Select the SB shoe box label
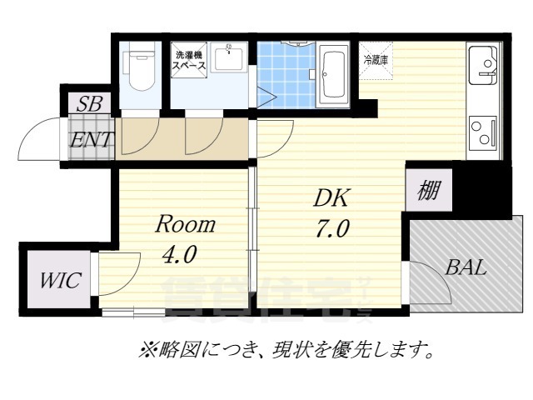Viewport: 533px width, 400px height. click(88, 104)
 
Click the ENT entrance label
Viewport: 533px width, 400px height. click(91, 139)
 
